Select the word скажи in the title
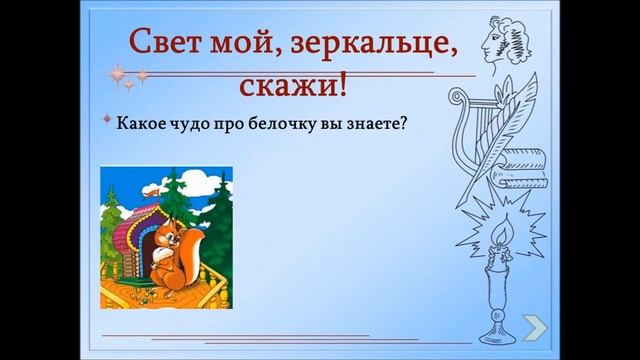click(284, 86)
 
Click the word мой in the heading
click(241, 44)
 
